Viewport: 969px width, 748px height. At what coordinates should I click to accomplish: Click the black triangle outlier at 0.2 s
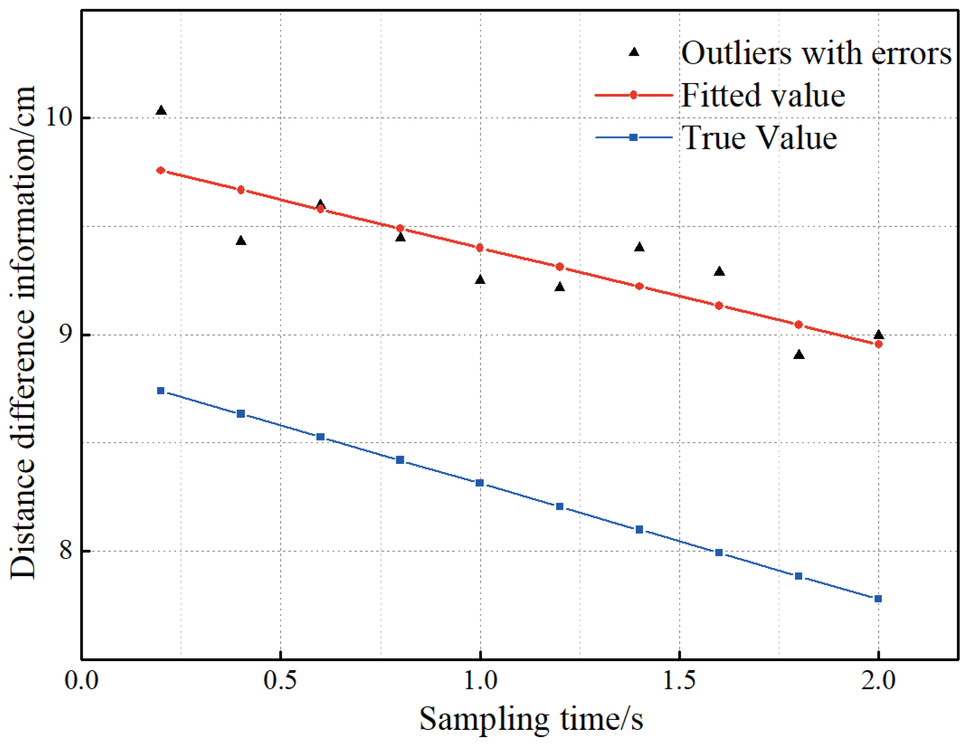click(161, 111)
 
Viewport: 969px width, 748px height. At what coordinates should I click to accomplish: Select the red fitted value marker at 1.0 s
click(480, 248)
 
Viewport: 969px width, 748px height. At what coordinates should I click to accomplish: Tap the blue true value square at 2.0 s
click(878, 599)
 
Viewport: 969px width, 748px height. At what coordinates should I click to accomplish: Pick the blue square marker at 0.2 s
click(161, 391)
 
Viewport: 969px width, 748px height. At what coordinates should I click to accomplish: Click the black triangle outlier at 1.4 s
click(639, 247)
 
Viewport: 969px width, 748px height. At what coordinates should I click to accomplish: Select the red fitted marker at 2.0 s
click(878, 344)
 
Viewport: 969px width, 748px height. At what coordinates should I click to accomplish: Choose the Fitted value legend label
click(762, 95)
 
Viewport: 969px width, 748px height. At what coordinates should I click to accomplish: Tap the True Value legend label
click(759, 137)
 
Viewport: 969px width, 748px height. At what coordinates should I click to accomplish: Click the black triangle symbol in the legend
click(633, 52)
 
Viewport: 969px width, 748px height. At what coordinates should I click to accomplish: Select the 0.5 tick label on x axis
click(280, 680)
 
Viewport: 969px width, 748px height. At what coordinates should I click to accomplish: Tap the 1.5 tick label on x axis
click(679, 680)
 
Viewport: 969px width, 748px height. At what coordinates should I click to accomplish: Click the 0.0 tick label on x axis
click(82, 680)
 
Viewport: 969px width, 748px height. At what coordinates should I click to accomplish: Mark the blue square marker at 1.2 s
click(559, 506)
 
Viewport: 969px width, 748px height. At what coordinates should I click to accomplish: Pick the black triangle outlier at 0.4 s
click(241, 241)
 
